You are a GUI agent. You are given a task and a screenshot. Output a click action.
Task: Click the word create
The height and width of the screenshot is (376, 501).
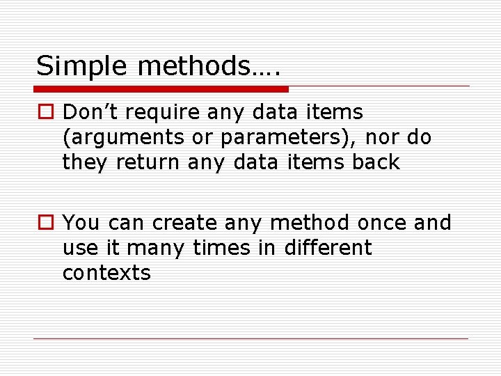pyautogui.click(x=184, y=223)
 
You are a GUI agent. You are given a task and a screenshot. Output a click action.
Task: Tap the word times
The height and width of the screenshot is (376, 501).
pyautogui.click(x=219, y=248)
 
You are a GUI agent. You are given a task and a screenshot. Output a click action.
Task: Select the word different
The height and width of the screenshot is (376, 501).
pyautogui.click(x=328, y=248)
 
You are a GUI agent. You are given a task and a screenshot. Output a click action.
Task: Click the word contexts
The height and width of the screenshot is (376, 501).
pyautogui.click(x=106, y=273)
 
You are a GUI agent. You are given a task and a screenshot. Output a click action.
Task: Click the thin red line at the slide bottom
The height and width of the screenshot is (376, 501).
pyautogui.click(x=251, y=338)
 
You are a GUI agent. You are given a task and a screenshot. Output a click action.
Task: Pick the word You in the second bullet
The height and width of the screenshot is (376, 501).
pyautogui.click(x=81, y=223)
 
